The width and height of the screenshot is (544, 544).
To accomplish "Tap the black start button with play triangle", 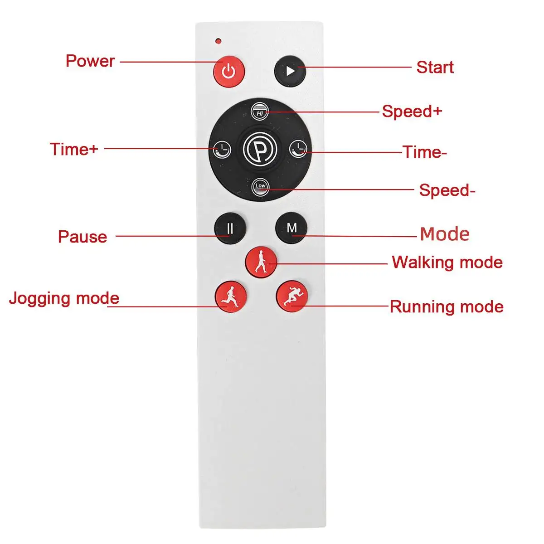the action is point(290,71).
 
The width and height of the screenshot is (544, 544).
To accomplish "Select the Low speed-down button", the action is point(260,186).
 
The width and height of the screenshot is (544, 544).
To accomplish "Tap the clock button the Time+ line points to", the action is point(222,148).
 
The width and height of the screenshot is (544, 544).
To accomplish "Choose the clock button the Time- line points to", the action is point(298,148).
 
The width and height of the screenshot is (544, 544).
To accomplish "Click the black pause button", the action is point(230,228).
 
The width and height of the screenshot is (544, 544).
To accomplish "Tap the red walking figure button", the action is point(261,262).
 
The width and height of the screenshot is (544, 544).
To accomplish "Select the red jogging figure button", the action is point(230,296).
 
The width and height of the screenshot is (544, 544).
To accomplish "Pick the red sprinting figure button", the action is point(291,296).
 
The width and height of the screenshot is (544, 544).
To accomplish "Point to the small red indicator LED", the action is point(219,41).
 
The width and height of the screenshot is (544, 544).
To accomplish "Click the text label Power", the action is point(90,61).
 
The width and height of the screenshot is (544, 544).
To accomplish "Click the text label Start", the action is point(435,68).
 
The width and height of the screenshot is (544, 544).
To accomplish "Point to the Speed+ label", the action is point(412,112).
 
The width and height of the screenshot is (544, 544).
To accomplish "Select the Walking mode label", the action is point(447,262).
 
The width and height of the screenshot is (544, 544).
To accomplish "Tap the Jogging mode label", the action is point(64,298).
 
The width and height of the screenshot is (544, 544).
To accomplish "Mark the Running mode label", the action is point(447,307).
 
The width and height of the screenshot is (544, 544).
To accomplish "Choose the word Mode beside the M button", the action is point(444,234).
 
